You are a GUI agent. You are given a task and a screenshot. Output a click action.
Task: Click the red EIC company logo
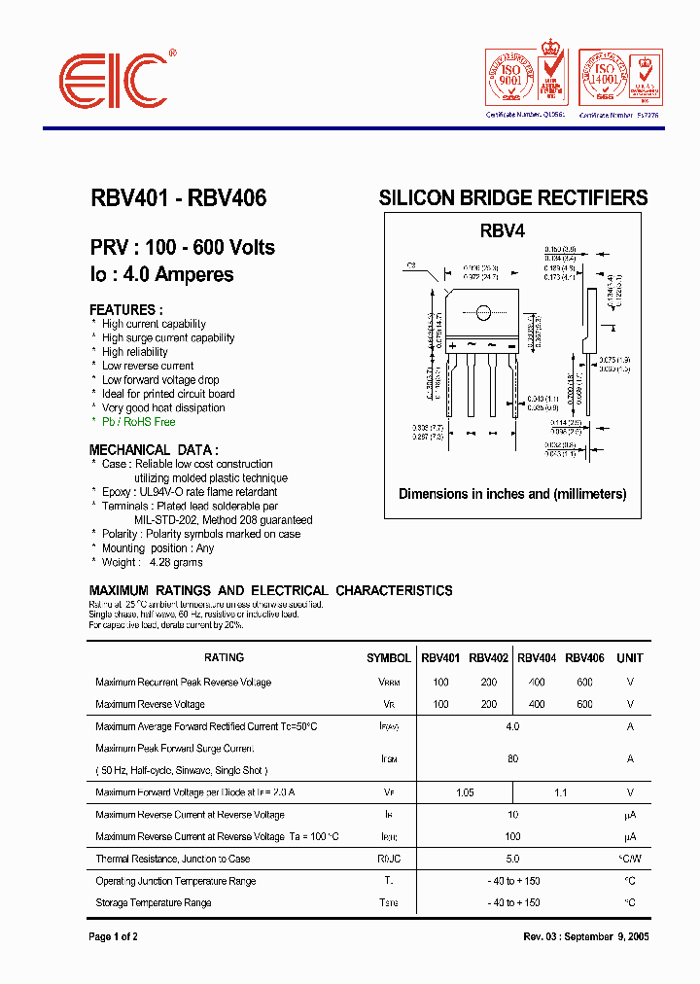[x=114, y=80]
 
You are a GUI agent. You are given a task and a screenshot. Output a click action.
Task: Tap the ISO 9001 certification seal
[x=510, y=76]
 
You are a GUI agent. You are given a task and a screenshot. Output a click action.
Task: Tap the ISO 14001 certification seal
[x=604, y=76]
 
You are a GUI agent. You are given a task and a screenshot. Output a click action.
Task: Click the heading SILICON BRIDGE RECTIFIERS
[x=512, y=198]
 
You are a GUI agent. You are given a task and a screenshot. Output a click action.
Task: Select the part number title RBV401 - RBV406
[x=178, y=198]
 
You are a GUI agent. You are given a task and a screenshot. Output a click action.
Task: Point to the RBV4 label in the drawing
[x=502, y=231]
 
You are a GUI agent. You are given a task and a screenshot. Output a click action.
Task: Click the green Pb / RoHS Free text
[x=138, y=422]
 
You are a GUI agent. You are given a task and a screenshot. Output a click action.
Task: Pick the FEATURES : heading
[x=122, y=310]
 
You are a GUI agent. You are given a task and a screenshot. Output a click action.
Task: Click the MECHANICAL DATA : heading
[x=154, y=450]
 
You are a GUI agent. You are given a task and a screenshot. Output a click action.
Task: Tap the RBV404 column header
[x=537, y=658]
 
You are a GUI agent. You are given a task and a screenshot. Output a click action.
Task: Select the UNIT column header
[x=630, y=658]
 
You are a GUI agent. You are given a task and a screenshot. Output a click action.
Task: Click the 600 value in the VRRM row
[x=584, y=683]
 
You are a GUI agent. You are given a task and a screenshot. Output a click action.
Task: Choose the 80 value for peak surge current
[x=512, y=759]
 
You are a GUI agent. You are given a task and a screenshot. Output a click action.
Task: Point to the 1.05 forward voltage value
[x=465, y=792]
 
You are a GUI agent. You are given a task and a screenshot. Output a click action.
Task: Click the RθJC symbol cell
[x=388, y=859]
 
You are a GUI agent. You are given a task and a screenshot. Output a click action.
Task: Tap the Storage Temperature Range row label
[x=154, y=903]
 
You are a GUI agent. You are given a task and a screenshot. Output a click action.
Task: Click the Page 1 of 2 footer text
[x=114, y=936]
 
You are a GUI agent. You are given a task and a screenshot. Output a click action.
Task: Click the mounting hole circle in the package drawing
[x=482, y=313]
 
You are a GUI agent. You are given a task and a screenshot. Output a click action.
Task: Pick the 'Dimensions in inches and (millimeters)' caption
[x=512, y=494]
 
